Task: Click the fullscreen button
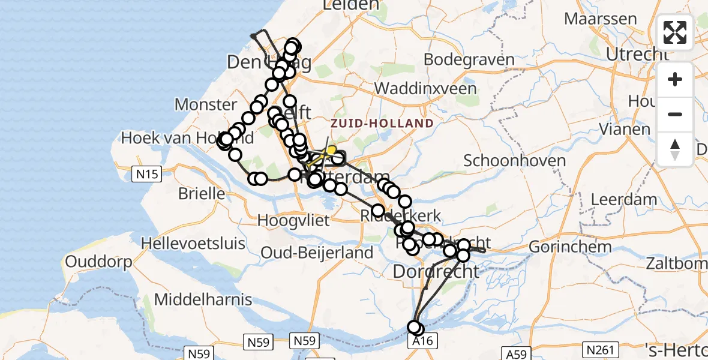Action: tap(675, 32)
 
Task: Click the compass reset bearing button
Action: tap(675, 149)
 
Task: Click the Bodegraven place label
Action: tap(469, 60)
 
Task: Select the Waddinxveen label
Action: tap(425, 89)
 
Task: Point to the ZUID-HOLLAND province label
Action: tap(382, 124)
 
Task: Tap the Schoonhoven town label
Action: tap(515, 161)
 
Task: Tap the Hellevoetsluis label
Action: tap(193, 244)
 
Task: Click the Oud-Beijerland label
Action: tap(317, 253)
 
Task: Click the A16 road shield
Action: tap(422, 341)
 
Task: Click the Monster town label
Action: tap(206, 105)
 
